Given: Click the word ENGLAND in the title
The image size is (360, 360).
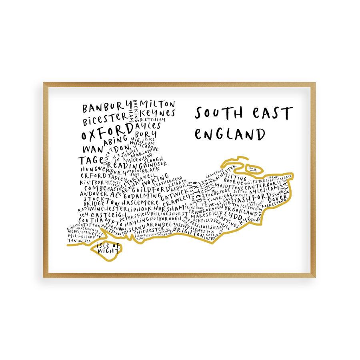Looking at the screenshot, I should point(230,134).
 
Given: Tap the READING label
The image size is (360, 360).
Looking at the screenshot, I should point(125,165).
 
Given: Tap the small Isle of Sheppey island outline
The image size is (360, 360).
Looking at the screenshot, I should point(255,169).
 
